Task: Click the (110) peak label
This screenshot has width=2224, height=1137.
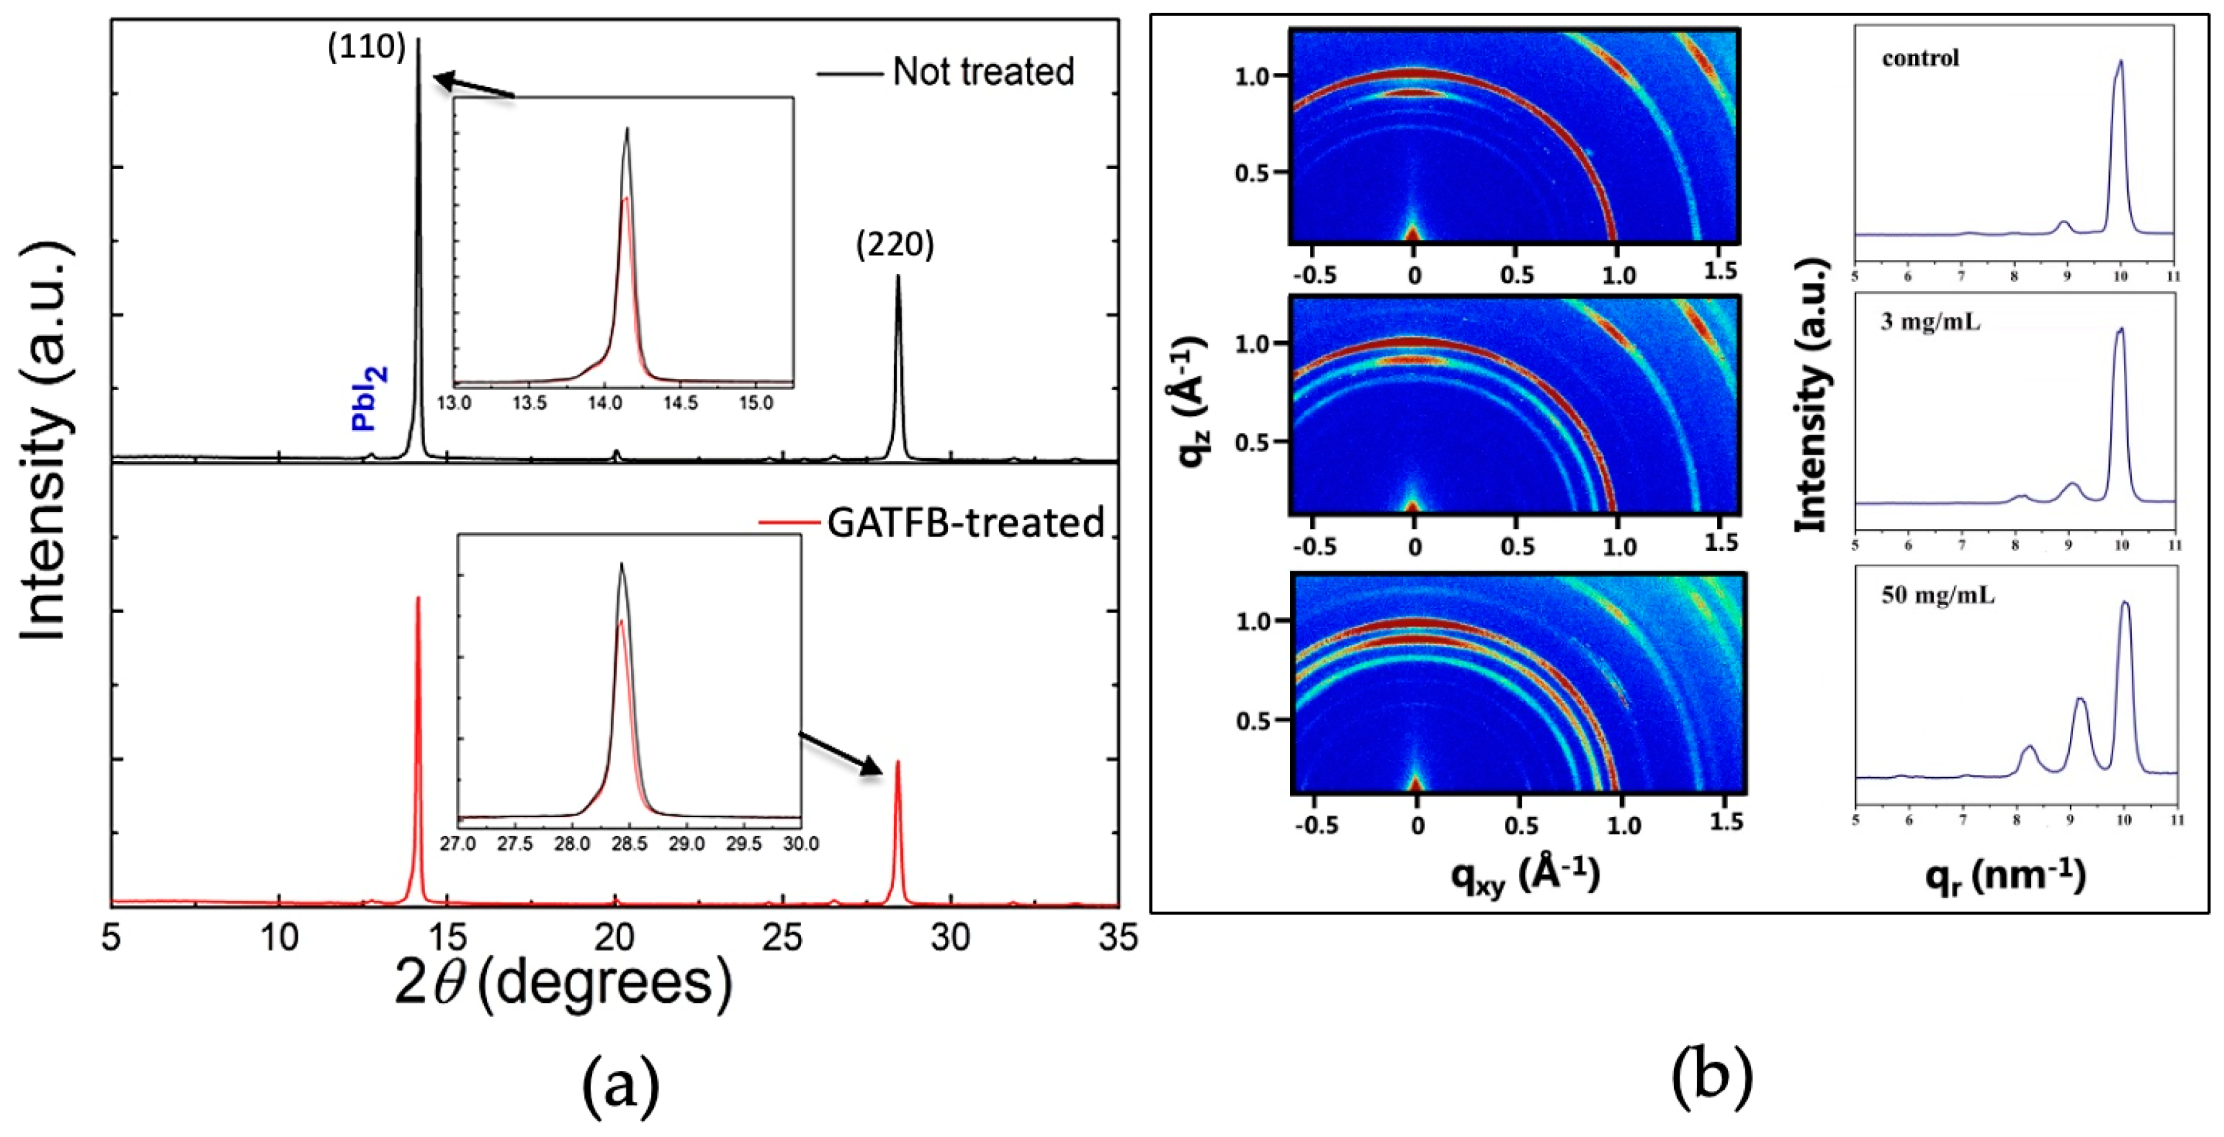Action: (x=366, y=48)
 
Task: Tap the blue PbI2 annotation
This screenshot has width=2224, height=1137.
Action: (x=370, y=398)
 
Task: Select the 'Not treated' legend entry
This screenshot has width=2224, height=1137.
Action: (x=982, y=72)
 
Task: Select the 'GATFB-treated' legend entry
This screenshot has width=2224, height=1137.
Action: (x=965, y=522)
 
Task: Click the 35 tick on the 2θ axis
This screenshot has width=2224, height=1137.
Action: (x=1118, y=936)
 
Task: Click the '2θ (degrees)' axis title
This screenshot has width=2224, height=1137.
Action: (x=563, y=984)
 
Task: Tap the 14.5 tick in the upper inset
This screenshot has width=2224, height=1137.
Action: (x=680, y=403)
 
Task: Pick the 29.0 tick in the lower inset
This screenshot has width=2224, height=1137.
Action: (x=686, y=844)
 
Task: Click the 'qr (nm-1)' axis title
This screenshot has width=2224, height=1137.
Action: (x=2005, y=877)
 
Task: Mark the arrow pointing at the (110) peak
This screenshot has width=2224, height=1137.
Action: (x=474, y=86)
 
